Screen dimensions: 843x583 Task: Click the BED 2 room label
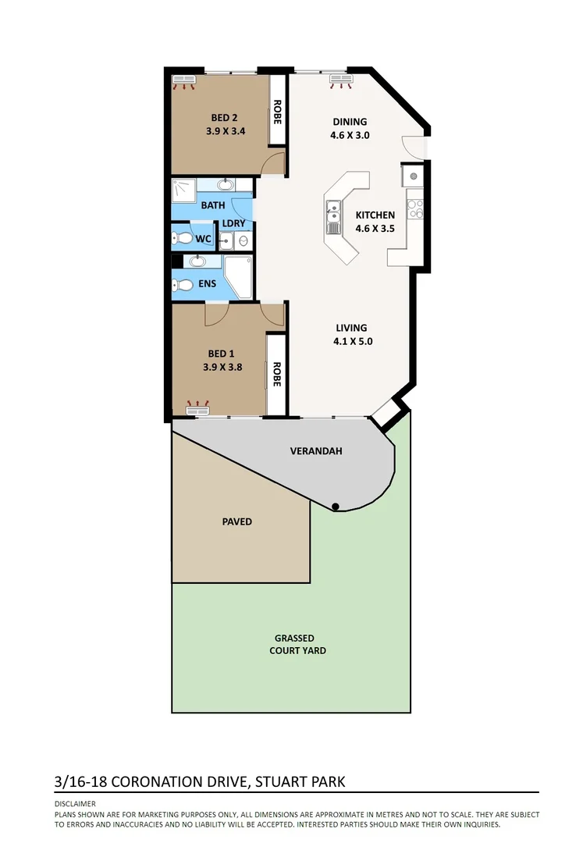tap(226, 118)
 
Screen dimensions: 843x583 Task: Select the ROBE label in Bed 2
tap(277, 112)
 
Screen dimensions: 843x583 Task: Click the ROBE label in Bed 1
tap(276, 375)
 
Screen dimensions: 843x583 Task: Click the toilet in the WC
tap(184, 238)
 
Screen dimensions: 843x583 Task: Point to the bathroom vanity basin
tap(226, 186)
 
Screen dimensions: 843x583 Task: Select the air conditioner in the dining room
tap(341, 78)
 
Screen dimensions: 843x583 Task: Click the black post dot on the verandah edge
tap(335, 507)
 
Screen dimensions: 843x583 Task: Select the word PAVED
tap(236, 521)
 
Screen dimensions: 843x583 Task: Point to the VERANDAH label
tap(316, 451)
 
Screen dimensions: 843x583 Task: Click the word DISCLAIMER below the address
tap(75, 803)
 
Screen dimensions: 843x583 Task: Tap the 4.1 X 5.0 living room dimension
tap(351, 341)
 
